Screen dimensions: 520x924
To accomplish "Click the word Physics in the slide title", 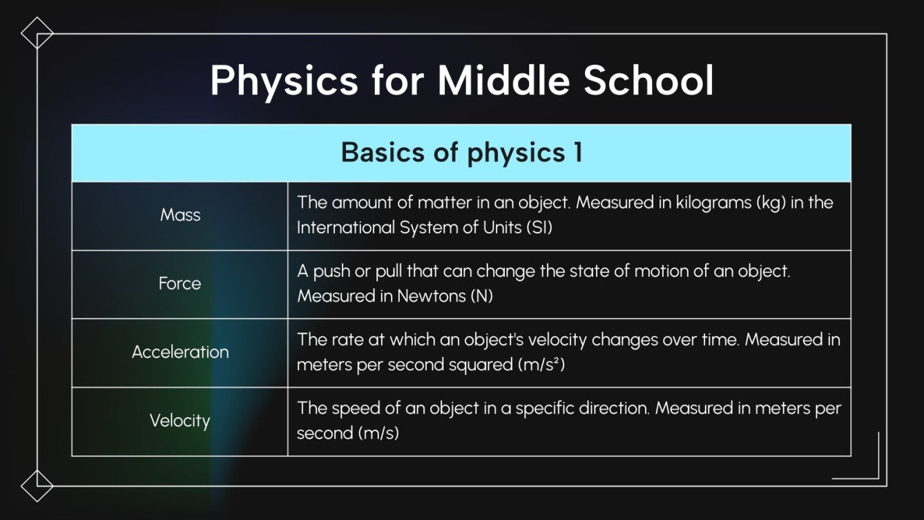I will coord(284,81).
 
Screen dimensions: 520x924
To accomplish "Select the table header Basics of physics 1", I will coord(461,153).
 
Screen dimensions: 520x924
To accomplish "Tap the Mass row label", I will coord(180,215).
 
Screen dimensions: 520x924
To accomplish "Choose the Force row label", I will coord(180,283).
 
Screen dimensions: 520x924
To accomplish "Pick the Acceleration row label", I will coord(180,352).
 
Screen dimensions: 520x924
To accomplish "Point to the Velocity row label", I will coord(180,420).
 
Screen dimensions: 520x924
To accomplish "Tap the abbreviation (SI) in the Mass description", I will coord(539,227).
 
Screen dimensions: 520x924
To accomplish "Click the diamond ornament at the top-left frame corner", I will coord(37,33).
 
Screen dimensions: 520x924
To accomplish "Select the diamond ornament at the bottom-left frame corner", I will coord(37,485).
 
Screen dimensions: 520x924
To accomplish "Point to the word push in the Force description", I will coord(331,271).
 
